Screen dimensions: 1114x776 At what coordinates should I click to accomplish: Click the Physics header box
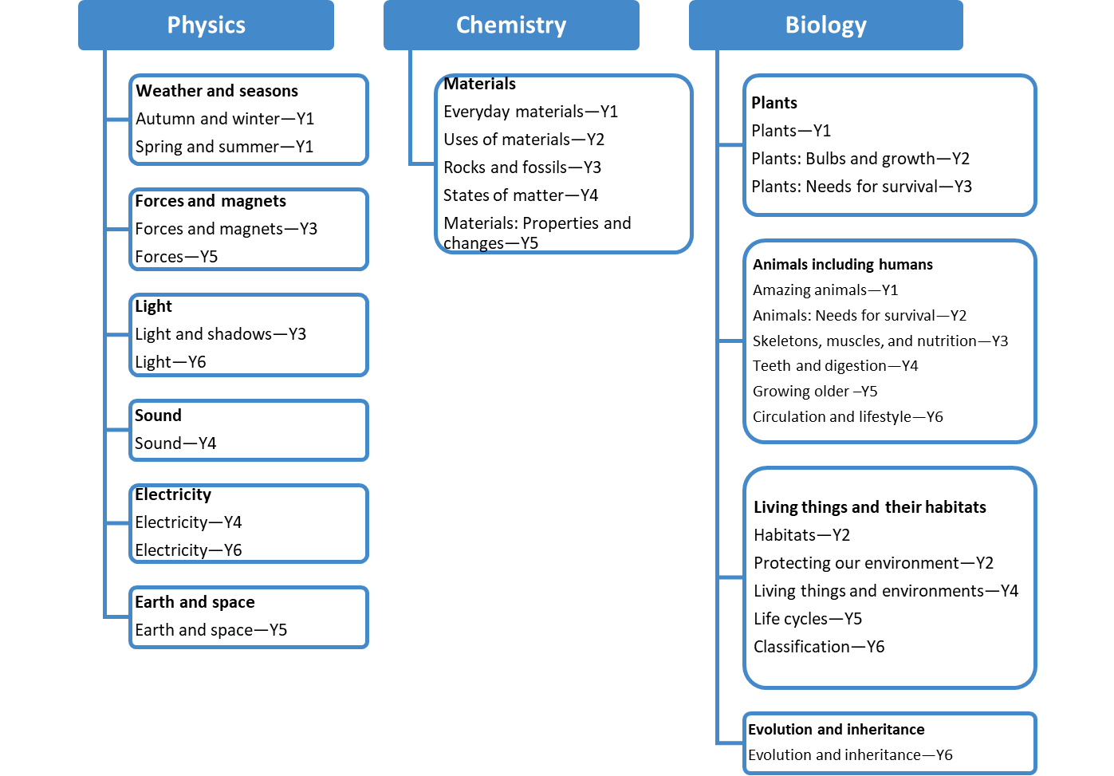[x=206, y=25]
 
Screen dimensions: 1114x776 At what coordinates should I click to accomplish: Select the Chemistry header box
[x=511, y=25]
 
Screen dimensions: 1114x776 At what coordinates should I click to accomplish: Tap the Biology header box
[x=825, y=25]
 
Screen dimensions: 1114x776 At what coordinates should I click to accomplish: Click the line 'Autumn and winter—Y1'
[x=225, y=119]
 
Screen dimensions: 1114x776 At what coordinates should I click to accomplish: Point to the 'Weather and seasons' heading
[x=217, y=91]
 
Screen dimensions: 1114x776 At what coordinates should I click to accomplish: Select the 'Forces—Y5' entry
[x=176, y=257]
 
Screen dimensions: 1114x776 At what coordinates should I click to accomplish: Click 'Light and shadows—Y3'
[x=221, y=334]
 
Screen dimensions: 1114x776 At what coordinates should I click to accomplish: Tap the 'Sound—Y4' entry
[x=175, y=443]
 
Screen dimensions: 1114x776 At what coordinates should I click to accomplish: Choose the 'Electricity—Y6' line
[x=188, y=550]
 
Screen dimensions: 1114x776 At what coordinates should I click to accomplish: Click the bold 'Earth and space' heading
[x=195, y=602]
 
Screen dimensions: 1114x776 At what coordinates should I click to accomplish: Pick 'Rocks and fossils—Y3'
[x=522, y=167]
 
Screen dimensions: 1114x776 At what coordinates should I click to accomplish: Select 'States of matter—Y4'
[x=521, y=195]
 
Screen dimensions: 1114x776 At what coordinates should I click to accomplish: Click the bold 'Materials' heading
[x=479, y=84]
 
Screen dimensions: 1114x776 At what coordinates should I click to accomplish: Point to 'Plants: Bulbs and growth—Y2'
[x=860, y=159]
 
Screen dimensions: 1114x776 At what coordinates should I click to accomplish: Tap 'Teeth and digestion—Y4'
[x=836, y=366]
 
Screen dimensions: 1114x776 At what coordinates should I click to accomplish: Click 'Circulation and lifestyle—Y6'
[x=848, y=417]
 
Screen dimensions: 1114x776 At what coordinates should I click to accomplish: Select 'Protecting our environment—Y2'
[x=874, y=563]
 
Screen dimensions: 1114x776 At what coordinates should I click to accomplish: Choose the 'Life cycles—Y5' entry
[x=808, y=619]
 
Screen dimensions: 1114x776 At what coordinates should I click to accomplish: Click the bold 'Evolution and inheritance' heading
[x=836, y=730]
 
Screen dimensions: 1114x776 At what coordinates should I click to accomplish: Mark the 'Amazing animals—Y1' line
[x=825, y=290]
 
